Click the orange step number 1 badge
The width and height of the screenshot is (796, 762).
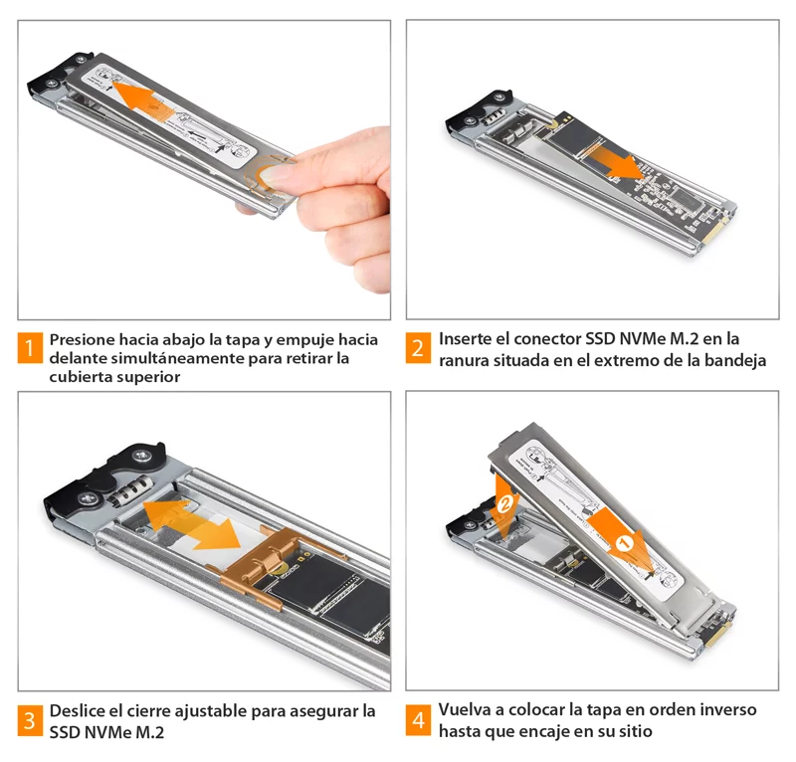point(30,348)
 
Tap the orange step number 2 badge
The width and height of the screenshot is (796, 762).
point(418,348)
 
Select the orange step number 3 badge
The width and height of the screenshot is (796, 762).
point(30,720)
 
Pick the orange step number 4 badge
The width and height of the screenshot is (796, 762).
point(418,720)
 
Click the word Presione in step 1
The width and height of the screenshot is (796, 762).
point(83,339)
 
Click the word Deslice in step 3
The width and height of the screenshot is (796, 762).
point(77,710)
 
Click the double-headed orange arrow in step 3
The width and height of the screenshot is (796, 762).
point(192,525)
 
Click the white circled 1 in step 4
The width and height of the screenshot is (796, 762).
point(625,544)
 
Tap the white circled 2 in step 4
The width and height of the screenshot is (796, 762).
point(504,505)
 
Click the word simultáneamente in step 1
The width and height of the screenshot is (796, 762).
point(178,358)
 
